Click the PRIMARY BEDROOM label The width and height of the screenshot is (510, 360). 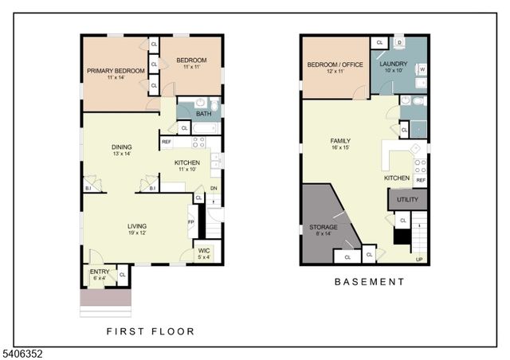pyautogui.click(x=116, y=71)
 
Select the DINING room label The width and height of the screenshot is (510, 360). pyautogui.click(x=121, y=147)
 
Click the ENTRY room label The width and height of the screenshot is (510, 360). pyautogui.click(x=100, y=271)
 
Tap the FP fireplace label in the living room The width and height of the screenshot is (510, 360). pyautogui.click(x=190, y=222)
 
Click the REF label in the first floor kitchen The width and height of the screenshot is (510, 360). pyautogui.click(x=167, y=143)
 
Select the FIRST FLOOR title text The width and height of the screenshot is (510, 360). pyautogui.click(x=150, y=331)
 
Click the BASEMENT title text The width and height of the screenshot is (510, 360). pyautogui.click(x=369, y=282)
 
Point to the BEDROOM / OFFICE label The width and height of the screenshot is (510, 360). pyautogui.click(x=335, y=65)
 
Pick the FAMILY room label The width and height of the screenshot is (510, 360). pyautogui.click(x=340, y=141)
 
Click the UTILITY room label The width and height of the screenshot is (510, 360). pyautogui.click(x=406, y=200)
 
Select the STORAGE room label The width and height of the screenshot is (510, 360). pyautogui.click(x=323, y=227)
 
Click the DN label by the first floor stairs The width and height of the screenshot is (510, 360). pyautogui.click(x=214, y=189)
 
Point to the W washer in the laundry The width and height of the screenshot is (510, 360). pyautogui.click(x=421, y=69)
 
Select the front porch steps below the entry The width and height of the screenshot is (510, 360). pyautogui.click(x=105, y=303)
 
